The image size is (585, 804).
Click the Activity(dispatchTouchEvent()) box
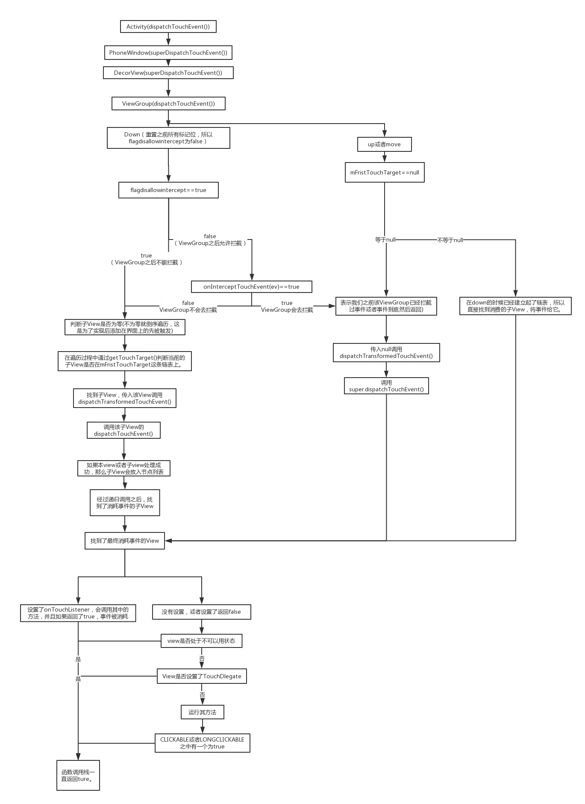(x=168, y=27)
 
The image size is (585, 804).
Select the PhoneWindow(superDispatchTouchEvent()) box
(x=168, y=53)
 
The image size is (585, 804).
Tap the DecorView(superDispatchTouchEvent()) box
(x=168, y=73)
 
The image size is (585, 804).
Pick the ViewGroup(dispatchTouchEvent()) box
(x=168, y=103)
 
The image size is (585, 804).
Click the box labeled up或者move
(x=384, y=144)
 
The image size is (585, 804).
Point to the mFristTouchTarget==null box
(x=385, y=172)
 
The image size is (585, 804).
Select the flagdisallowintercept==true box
(x=168, y=190)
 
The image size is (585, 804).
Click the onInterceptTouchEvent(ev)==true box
(x=251, y=287)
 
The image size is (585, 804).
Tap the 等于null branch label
(x=385, y=240)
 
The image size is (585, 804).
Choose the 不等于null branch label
(x=450, y=240)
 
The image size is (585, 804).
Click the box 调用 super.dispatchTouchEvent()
(x=386, y=386)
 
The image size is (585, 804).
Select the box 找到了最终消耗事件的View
(x=124, y=541)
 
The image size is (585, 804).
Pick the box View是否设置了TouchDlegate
(x=202, y=676)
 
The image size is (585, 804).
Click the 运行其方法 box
(x=202, y=712)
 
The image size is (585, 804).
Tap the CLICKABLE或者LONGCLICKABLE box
(x=203, y=743)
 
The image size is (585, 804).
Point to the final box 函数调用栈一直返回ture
(x=78, y=776)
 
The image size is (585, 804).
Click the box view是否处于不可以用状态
(x=201, y=641)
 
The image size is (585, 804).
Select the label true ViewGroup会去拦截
(x=287, y=306)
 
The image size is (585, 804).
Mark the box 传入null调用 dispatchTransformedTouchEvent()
(x=386, y=352)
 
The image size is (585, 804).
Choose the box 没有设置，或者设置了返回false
(x=201, y=612)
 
